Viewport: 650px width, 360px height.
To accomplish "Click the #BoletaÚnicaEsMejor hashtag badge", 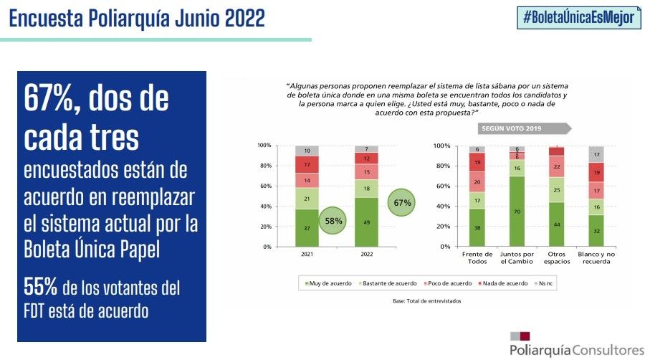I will point(579,18).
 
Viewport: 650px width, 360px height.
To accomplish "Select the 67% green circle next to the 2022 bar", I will point(403,203).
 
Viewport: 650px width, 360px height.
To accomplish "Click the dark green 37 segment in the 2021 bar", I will point(306,228).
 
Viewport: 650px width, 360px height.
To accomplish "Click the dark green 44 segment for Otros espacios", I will point(556,224).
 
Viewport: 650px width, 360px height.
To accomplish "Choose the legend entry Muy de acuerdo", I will point(329,283).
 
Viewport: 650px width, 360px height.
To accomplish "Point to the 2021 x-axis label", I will point(306,254).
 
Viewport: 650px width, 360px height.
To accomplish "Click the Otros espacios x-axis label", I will point(556,258).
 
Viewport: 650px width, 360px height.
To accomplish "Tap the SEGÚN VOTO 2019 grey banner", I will point(524,130).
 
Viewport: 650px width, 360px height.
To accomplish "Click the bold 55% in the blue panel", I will point(41,288).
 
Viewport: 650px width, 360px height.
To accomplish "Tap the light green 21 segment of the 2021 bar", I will point(306,198).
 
